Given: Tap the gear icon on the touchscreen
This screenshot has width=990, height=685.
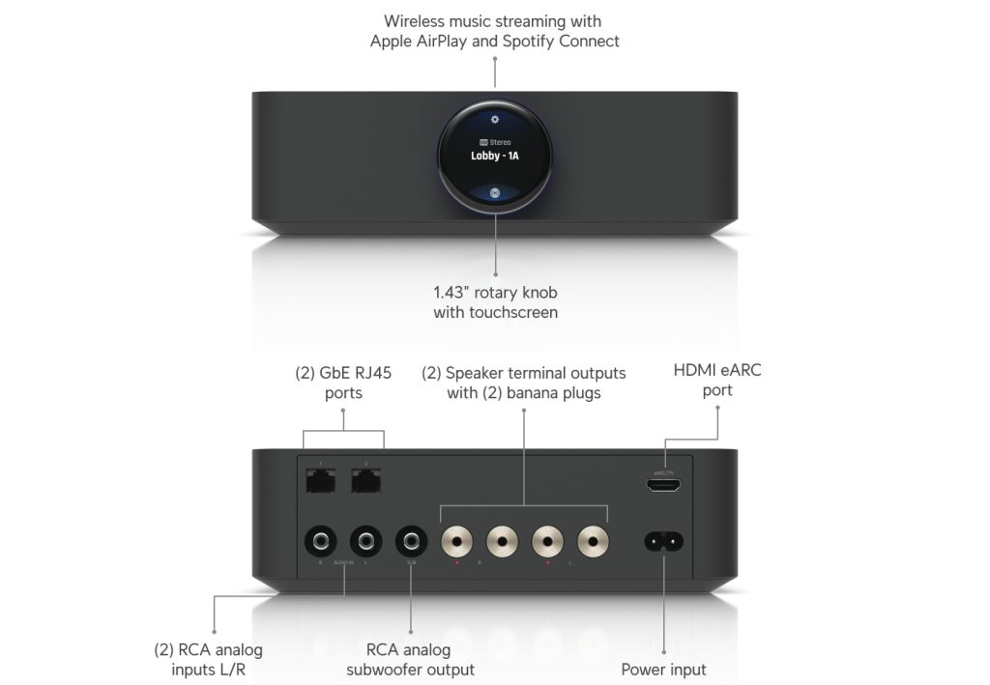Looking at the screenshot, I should [494, 120].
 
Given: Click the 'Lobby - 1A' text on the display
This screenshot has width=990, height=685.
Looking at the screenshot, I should [494, 156].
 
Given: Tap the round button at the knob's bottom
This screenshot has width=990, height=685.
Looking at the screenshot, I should [494, 191].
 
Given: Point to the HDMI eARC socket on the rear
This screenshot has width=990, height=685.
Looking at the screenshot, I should [663, 487].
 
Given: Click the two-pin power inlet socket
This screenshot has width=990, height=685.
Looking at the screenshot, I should [664, 541].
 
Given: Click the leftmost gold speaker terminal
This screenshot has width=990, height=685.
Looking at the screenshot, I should [458, 540].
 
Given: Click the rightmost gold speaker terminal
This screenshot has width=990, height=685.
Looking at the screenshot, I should [595, 540].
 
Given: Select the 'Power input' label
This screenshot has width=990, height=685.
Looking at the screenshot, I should [663, 669].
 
